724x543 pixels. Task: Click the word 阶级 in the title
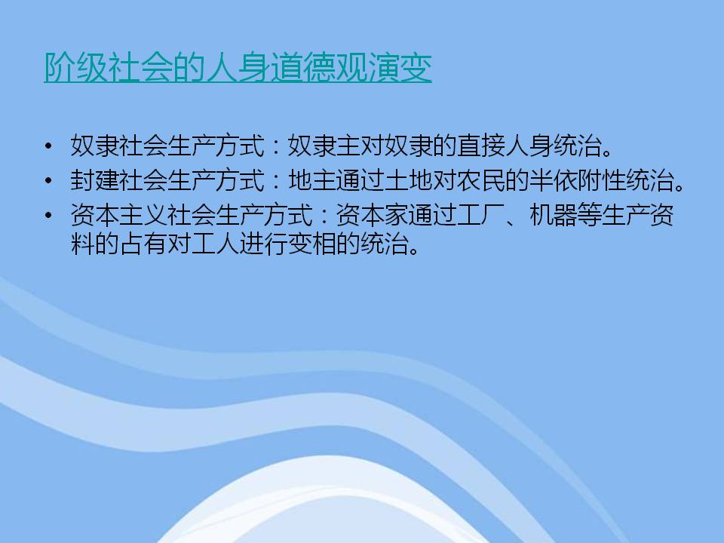[x=76, y=67]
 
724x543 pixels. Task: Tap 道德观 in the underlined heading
[x=318, y=67]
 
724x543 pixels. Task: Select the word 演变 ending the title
[x=400, y=67]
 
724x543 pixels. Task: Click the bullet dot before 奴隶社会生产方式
[x=48, y=146]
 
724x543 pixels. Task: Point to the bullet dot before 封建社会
[x=48, y=180]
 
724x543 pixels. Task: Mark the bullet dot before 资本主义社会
[x=48, y=215]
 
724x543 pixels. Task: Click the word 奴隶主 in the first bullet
[x=324, y=146]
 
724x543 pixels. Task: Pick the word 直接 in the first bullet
[x=481, y=146]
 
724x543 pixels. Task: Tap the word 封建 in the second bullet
[x=95, y=180]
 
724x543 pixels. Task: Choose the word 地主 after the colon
[x=312, y=180]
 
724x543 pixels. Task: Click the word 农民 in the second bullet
[x=481, y=180]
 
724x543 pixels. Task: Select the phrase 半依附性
[x=578, y=180]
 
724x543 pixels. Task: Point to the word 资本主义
[x=118, y=215]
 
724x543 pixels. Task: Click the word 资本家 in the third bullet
[x=372, y=215]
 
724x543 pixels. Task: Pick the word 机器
[x=554, y=215]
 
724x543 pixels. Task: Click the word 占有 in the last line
[x=143, y=244]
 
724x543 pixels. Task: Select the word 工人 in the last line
[x=216, y=244]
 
